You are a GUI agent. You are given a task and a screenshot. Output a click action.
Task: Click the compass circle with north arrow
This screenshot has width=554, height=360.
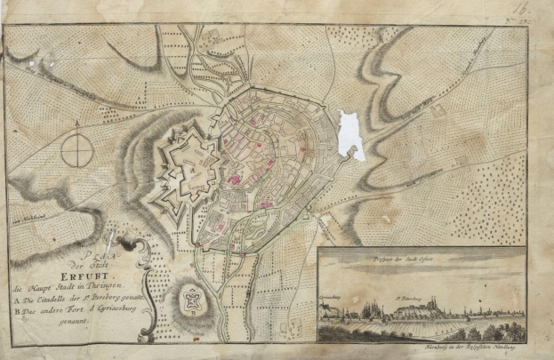pyautogui.click(x=77, y=144)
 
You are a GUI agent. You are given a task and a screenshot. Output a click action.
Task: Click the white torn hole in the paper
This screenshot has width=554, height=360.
pyautogui.click(x=350, y=134)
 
